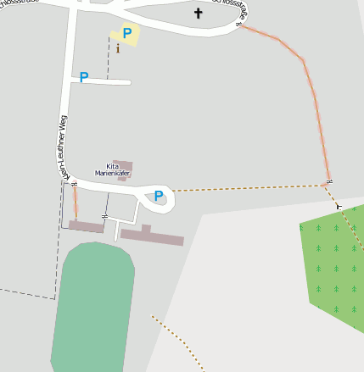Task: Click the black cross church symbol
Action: (x=199, y=13)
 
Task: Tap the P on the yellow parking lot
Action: (x=126, y=34)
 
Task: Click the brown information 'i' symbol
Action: (x=118, y=48)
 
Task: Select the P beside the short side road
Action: (x=83, y=77)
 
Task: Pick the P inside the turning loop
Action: (x=158, y=196)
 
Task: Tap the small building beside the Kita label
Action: (x=124, y=167)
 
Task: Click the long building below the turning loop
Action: (x=153, y=236)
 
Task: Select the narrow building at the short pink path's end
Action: (x=86, y=226)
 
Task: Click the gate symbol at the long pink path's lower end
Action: (x=328, y=182)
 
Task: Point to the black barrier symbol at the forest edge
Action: (x=339, y=206)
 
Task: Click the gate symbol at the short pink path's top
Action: (x=74, y=184)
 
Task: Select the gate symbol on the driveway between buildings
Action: (x=104, y=217)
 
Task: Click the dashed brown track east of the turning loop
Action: (x=246, y=187)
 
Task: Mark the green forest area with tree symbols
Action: (x=335, y=263)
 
